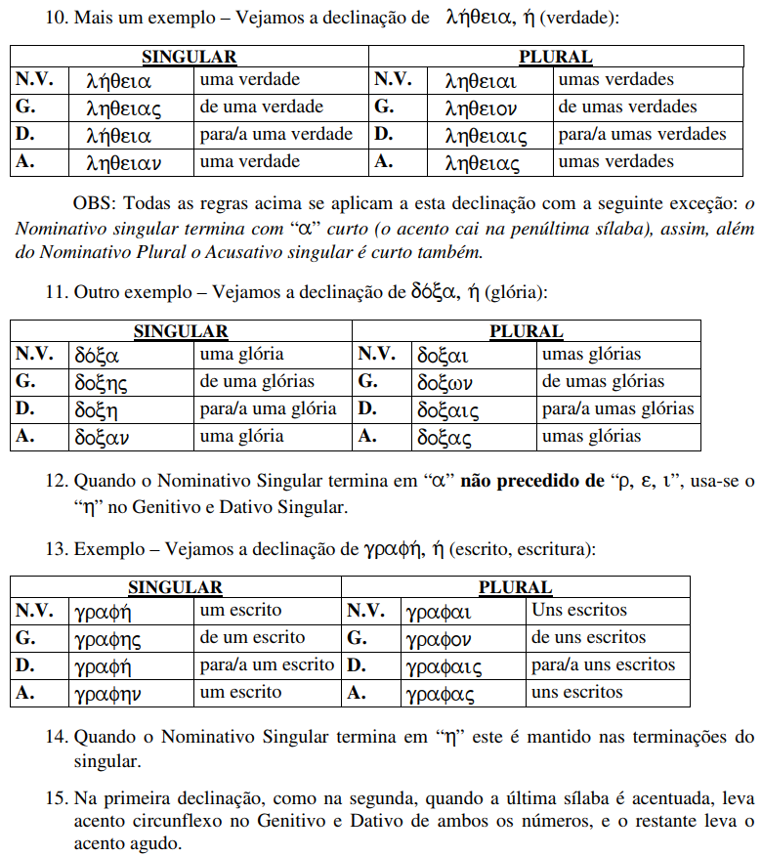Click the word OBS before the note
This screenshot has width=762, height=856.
94,203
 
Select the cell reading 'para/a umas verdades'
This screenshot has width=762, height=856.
642,134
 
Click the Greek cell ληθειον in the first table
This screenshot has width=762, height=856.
481,107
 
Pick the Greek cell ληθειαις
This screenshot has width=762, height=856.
486,135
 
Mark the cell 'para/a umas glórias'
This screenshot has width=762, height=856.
617,408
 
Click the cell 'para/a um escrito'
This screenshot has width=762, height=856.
267,664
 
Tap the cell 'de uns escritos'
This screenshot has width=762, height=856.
588,637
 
